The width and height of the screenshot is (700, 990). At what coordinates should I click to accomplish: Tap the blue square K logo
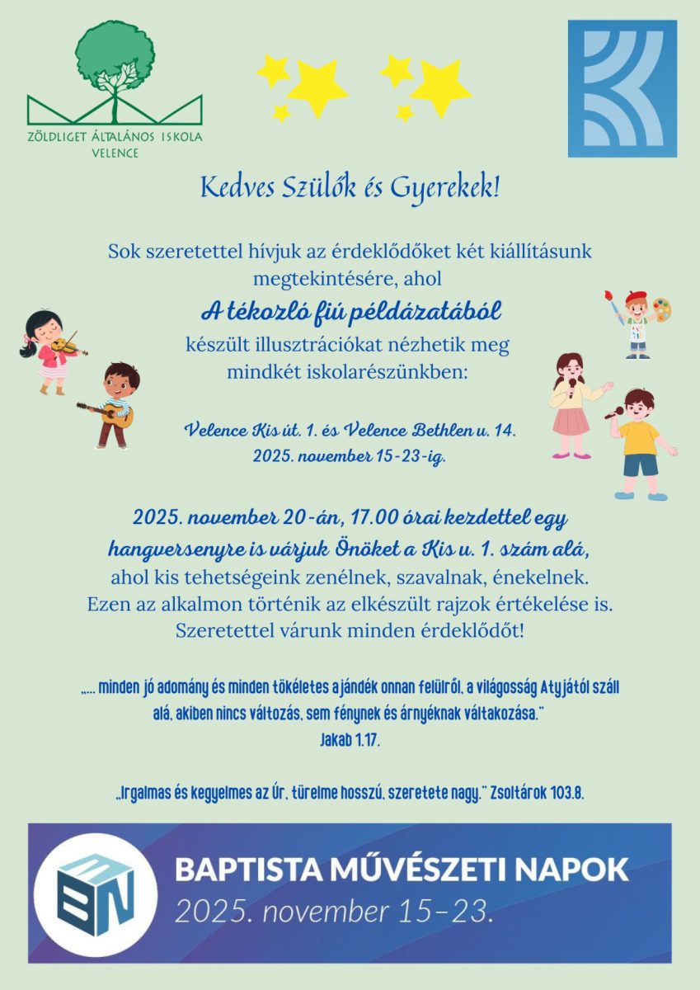622,88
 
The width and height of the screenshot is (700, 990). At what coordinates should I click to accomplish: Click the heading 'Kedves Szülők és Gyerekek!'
350,188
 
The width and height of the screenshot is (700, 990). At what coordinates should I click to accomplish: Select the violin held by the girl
66,346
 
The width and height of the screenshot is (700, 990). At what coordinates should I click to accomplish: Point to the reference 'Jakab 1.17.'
350,741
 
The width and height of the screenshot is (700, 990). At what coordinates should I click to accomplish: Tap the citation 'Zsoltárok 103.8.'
537,794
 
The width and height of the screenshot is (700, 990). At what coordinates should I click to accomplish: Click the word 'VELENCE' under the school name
115,153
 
